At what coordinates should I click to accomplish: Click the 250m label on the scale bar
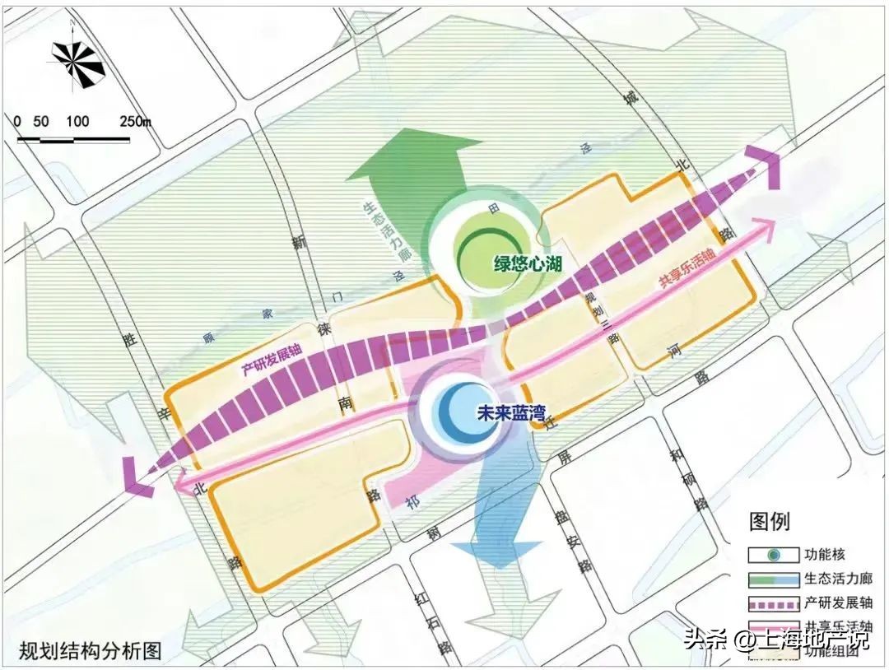tap(136, 121)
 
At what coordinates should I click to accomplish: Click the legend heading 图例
tap(769, 521)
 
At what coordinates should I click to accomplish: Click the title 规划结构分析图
tap(90, 650)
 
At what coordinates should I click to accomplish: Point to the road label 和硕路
tap(688, 478)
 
